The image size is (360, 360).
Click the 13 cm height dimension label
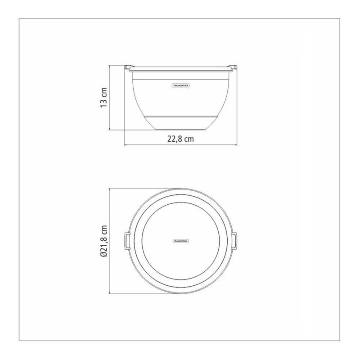[104, 97]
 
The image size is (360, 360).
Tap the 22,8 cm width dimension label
[180, 139]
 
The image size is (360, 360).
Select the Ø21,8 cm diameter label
[104, 241]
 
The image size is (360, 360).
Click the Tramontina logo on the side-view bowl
[181, 85]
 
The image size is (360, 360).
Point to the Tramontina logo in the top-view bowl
[180, 241]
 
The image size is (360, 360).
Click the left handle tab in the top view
[127, 241]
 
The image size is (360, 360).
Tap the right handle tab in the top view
[234, 241]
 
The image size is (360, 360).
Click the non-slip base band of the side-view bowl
[181, 123]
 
